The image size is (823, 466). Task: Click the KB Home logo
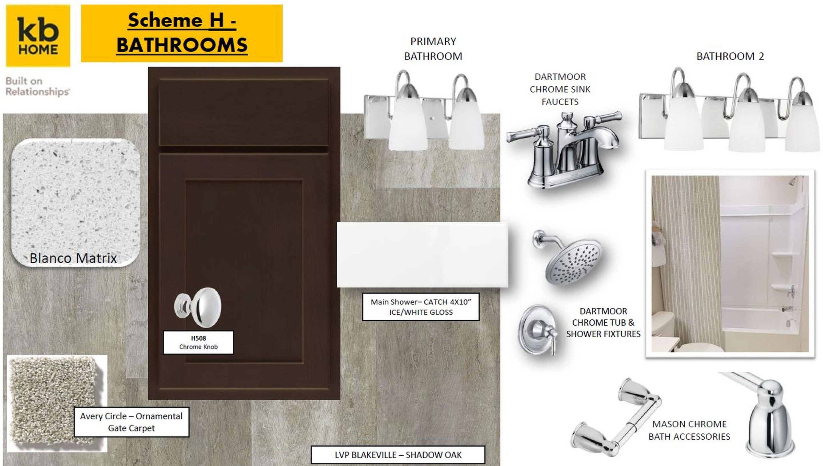click(38, 36)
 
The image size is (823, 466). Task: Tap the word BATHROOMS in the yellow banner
click(182, 45)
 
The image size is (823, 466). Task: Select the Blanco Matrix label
click(73, 258)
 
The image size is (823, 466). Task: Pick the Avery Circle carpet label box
click(131, 422)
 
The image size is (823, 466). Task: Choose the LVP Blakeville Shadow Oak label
click(398, 454)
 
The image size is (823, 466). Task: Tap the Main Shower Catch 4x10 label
click(421, 307)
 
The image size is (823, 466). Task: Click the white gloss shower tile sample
click(422, 255)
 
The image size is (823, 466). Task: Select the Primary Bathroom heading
click(433, 49)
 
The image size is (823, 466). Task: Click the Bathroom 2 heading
click(730, 56)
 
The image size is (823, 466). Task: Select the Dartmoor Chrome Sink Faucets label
click(560, 89)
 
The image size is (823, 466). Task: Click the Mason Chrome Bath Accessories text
click(689, 430)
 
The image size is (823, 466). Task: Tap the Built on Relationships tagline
click(38, 86)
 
